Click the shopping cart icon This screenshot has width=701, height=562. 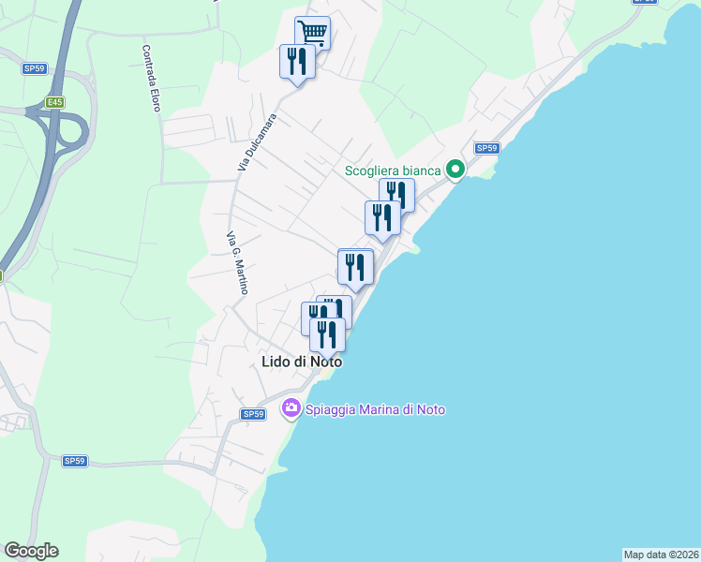click(x=312, y=34)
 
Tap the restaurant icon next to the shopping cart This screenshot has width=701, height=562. click(x=297, y=62)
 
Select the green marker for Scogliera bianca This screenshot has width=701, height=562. click(x=455, y=170)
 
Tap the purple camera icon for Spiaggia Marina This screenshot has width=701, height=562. click(x=291, y=408)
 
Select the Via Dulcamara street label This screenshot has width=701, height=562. click(x=245, y=142)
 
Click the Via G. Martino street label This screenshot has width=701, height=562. click(x=237, y=263)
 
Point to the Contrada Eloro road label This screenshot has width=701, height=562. click(x=152, y=79)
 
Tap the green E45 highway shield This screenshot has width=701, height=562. click(x=55, y=103)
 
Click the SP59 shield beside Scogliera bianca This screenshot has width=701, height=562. click(x=485, y=148)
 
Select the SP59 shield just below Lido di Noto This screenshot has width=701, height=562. click(x=252, y=414)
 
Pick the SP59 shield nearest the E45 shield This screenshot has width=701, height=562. click(x=35, y=68)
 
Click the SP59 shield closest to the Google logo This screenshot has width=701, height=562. click(x=75, y=461)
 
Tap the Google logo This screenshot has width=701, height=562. click(x=31, y=551)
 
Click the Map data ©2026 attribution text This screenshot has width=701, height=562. click(x=661, y=554)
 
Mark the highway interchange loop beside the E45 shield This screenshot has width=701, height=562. click(x=69, y=131)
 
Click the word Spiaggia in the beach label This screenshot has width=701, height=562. click(x=330, y=409)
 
